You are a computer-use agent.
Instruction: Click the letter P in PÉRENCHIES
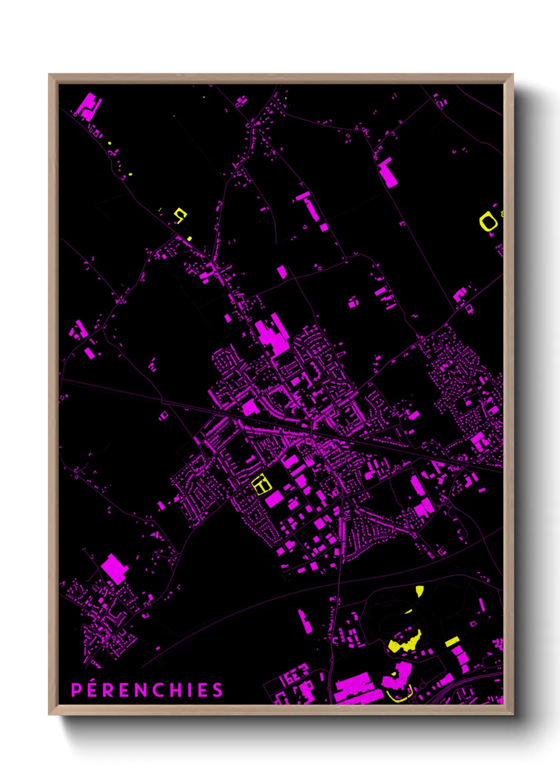76,690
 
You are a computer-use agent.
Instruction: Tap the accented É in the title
92,689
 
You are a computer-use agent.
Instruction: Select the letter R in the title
108,690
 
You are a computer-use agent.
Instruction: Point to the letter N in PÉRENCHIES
141,690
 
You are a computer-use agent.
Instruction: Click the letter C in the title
161,690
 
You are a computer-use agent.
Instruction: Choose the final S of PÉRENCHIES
218,690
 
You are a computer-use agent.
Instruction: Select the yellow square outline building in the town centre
261,485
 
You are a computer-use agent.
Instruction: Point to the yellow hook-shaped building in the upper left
181,215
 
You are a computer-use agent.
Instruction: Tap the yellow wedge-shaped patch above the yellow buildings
420,591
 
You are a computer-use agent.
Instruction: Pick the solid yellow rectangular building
451,642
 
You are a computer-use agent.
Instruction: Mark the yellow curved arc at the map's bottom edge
400,696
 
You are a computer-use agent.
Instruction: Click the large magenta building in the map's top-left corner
88,104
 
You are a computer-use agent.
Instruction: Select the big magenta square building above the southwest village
114,568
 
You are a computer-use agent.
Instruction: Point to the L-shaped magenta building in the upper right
388,172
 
